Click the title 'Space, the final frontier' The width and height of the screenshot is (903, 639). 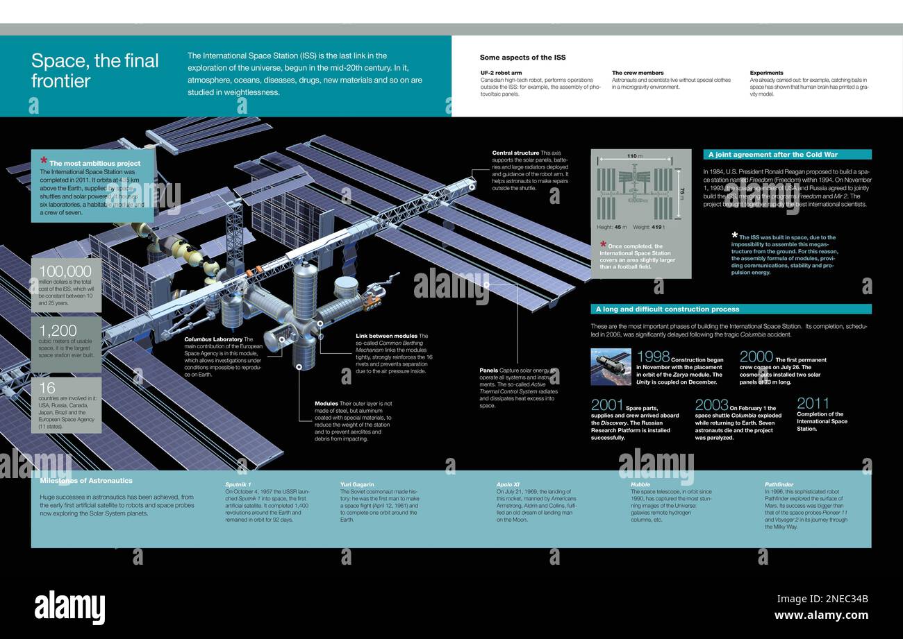click(x=95, y=71)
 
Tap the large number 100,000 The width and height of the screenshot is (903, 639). click(x=65, y=271)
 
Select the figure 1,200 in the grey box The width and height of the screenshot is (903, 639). click(x=58, y=330)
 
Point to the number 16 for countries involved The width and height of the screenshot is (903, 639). click(x=47, y=388)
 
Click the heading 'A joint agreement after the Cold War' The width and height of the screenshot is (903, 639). click(x=772, y=155)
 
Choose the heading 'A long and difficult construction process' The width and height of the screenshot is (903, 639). click(x=667, y=309)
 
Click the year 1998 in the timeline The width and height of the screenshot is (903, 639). click(x=653, y=357)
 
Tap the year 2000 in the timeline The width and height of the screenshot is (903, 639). click(x=756, y=357)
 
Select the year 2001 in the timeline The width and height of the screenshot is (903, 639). click(x=607, y=405)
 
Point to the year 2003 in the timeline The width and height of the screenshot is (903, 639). click(x=711, y=405)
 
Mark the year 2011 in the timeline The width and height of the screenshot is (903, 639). click(x=813, y=404)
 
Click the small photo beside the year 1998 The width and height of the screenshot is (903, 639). click(x=611, y=366)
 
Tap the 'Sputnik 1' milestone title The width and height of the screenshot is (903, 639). click(x=238, y=484)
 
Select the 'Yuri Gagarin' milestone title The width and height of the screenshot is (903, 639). click(x=357, y=484)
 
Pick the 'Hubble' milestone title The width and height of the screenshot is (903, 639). click(x=640, y=484)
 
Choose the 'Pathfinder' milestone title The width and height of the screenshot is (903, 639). click(x=779, y=484)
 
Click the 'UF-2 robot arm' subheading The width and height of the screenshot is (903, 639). click(x=502, y=73)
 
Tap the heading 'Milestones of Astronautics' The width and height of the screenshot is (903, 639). click(x=86, y=481)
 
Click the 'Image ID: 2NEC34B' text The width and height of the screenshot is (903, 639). click(x=822, y=599)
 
